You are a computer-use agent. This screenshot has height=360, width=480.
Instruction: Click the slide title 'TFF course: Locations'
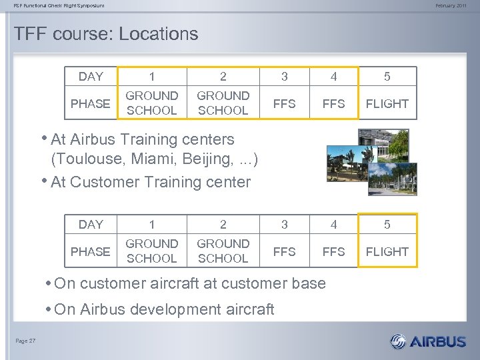tap(106, 34)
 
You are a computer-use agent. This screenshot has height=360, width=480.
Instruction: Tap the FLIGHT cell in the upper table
tap(387, 103)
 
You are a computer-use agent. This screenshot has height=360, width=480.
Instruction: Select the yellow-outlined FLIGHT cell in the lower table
tap(387, 251)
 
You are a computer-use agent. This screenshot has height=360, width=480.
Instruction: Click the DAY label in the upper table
tap(91, 76)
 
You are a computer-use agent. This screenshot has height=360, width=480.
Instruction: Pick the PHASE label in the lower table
tap(91, 251)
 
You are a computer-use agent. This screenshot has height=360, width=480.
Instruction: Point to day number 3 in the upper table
tap(285, 76)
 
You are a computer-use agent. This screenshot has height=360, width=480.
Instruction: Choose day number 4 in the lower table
tap(333, 225)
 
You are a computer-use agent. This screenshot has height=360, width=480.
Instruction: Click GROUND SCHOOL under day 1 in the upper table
tap(152, 103)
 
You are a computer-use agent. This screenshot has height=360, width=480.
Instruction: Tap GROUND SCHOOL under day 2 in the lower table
tap(223, 251)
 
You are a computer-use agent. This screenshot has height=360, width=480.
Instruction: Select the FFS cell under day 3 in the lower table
tap(285, 251)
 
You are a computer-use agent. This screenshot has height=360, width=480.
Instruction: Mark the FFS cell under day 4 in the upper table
tap(333, 103)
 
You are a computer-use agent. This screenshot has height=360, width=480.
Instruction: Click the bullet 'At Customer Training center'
tap(151, 182)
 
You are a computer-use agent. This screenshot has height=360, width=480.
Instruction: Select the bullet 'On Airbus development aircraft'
tap(164, 309)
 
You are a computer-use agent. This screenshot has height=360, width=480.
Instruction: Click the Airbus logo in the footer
tap(428, 341)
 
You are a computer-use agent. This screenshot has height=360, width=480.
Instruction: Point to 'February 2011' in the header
tap(451, 6)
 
